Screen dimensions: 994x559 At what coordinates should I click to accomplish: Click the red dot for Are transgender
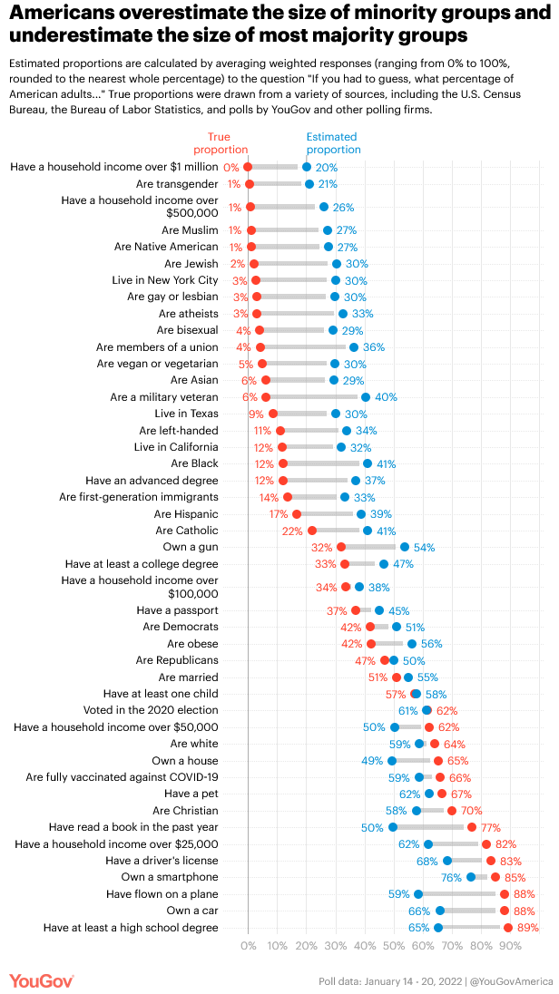250,184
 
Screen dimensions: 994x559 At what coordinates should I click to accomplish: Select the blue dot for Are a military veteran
366,397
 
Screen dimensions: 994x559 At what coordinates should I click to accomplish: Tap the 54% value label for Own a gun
425,548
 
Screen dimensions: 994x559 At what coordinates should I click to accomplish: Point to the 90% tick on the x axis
510,945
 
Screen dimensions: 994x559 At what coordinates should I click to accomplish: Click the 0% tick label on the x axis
248,945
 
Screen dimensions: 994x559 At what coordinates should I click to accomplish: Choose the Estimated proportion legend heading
333,143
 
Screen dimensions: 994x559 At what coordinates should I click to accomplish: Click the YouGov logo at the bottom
41,981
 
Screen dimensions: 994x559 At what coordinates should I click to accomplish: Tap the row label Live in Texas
187,414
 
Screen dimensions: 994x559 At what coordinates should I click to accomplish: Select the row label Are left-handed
179,431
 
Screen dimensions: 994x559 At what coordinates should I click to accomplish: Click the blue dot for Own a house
392,761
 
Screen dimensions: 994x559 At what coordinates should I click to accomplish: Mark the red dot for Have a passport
356,610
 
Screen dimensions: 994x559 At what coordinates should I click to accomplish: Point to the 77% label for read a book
491,827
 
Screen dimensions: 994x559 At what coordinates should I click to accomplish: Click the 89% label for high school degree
527,928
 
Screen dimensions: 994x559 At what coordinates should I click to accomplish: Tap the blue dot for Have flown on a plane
418,894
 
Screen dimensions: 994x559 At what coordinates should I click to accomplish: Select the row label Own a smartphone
170,877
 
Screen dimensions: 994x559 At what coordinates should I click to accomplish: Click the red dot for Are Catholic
312,531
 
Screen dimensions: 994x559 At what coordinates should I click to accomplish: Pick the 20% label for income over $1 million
327,168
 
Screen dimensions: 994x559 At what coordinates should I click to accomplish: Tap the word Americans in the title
68,14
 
